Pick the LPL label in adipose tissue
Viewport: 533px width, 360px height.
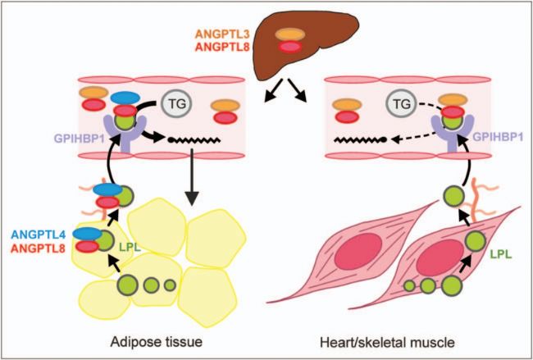point(125,245)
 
